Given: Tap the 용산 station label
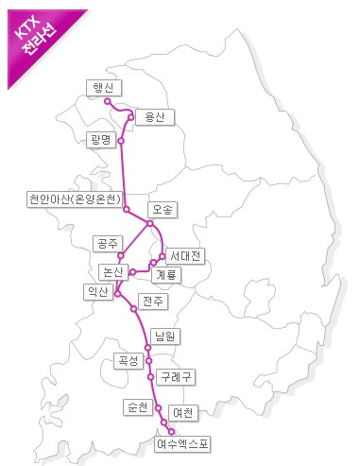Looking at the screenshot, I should click(x=149, y=116).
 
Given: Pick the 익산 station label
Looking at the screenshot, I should click(x=97, y=292).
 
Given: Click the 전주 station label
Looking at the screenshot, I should click(x=152, y=301).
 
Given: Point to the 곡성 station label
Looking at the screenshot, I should click(x=128, y=360).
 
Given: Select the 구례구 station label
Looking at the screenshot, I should click(x=177, y=376).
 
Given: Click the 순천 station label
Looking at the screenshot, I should click(x=138, y=407).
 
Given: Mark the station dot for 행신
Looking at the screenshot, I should click(x=108, y=100).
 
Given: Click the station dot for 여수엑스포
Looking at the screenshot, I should click(x=171, y=430).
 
